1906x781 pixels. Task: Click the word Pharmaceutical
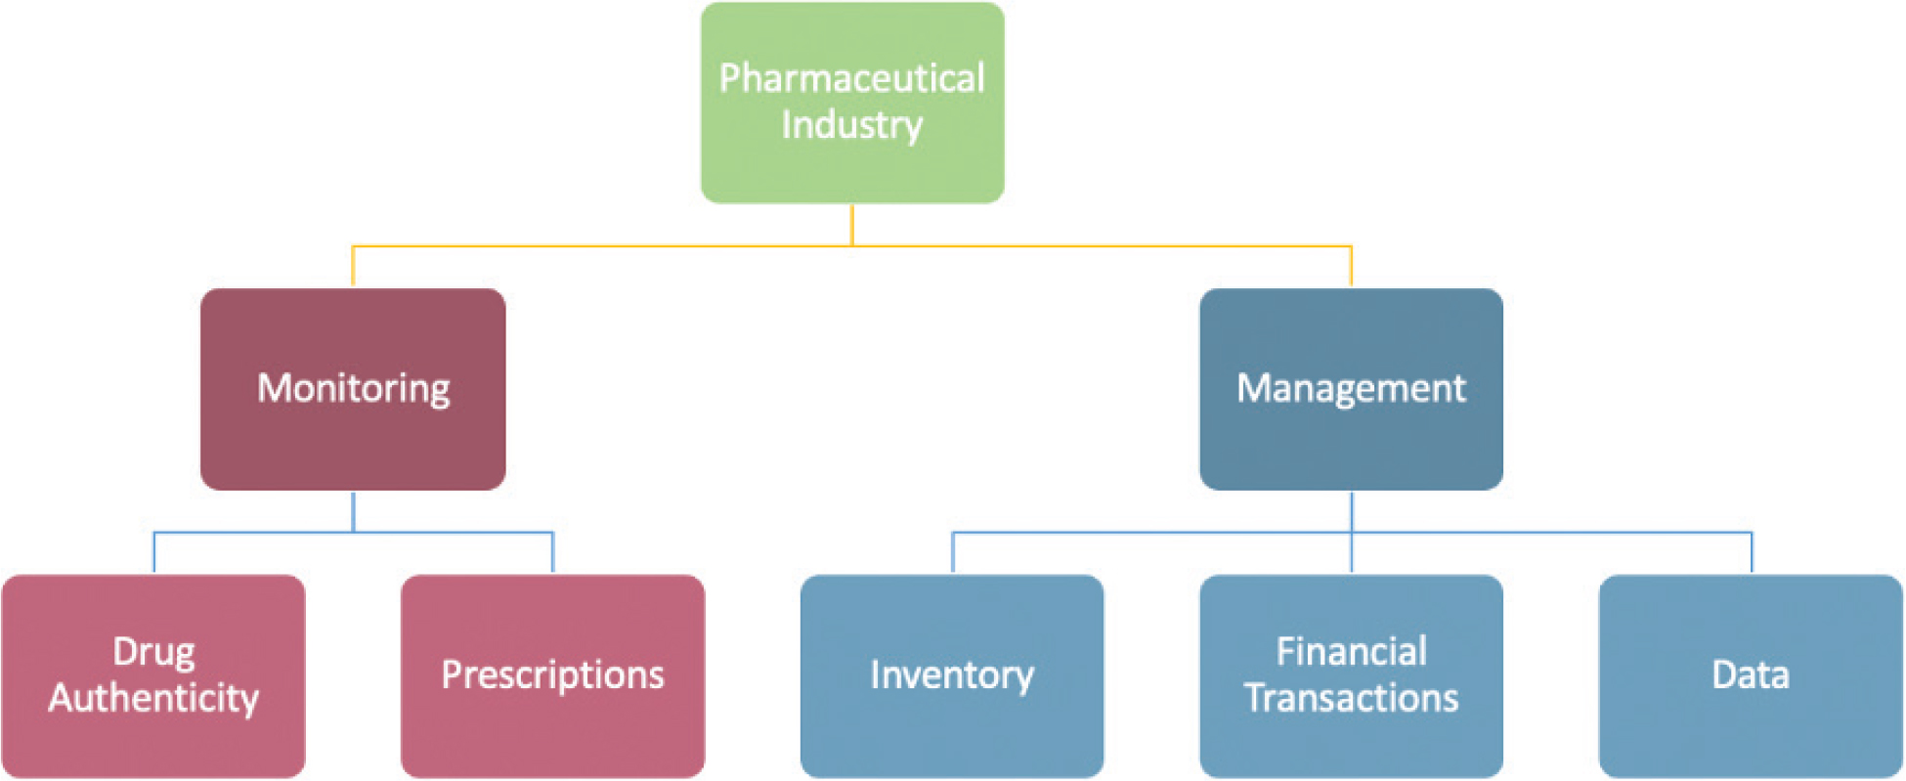852,78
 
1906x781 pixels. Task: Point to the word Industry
852,125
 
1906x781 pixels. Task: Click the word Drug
153,652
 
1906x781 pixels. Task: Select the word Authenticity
153,698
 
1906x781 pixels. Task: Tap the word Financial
1351,652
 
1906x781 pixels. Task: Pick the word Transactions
1351,698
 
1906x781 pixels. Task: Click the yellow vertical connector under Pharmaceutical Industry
852,224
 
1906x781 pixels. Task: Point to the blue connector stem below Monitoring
353,510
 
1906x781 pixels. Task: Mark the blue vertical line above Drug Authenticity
154,553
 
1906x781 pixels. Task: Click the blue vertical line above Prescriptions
553,553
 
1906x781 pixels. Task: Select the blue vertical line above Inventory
953,553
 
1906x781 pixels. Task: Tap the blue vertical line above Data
1752,553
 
